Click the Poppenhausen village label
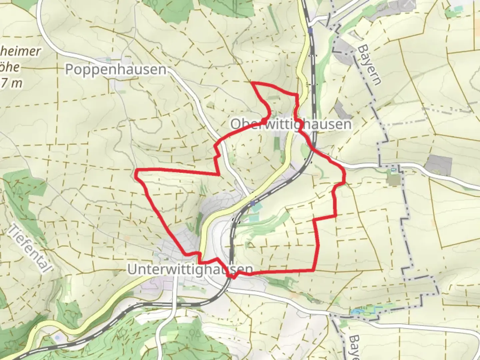(x=115, y=69)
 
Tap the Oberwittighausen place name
(x=291, y=124)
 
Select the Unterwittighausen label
(x=190, y=269)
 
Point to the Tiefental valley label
(x=31, y=248)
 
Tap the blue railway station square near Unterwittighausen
(x=253, y=203)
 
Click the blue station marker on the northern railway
(x=311, y=31)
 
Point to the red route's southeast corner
(x=313, y=270)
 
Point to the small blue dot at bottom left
(x=57, y=337)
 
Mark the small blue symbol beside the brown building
(x=393, y=170)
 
